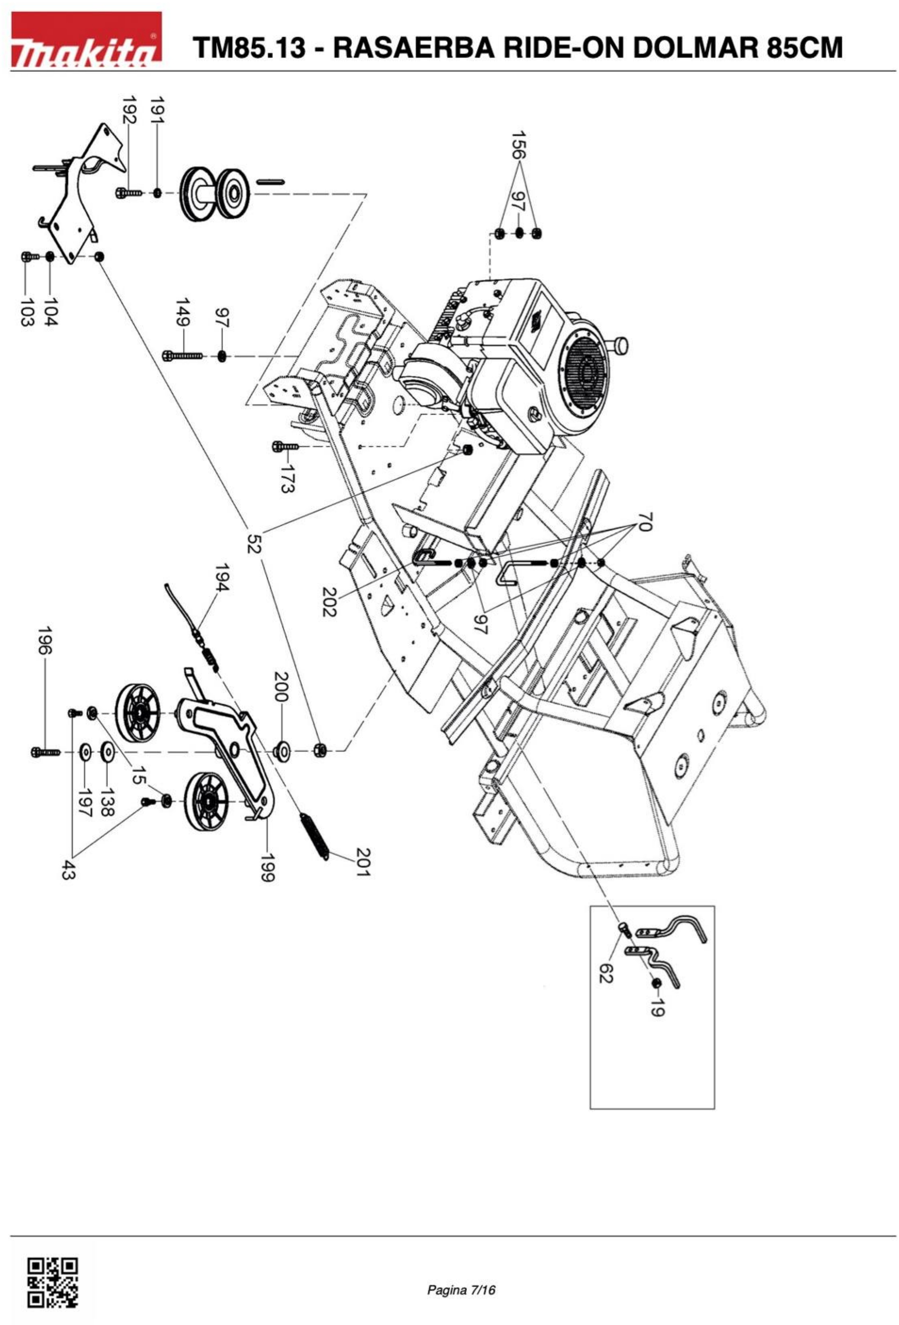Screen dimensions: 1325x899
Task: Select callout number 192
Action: [x=129, y=110]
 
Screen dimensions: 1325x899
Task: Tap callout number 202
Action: [x=329, y=602]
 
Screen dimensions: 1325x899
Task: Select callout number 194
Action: [x=222, y=577]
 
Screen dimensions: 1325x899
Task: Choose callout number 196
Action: [x=45, y=642]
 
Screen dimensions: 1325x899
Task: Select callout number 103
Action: [x=26, y=312]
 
